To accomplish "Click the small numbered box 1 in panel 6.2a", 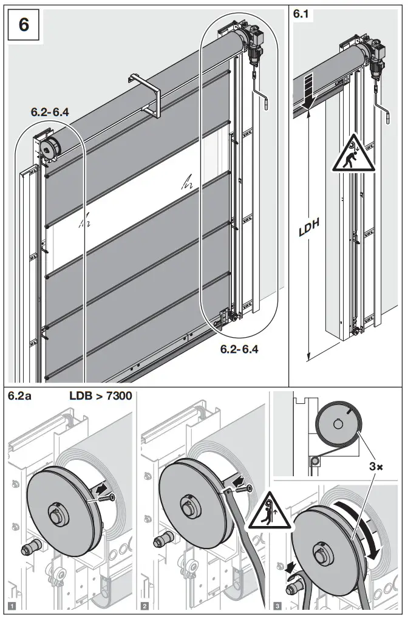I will pos(11,606).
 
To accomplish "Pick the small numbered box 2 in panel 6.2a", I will pos(146,606).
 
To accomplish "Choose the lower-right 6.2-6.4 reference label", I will pos(240,350).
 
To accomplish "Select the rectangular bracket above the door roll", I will pos(143,95).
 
